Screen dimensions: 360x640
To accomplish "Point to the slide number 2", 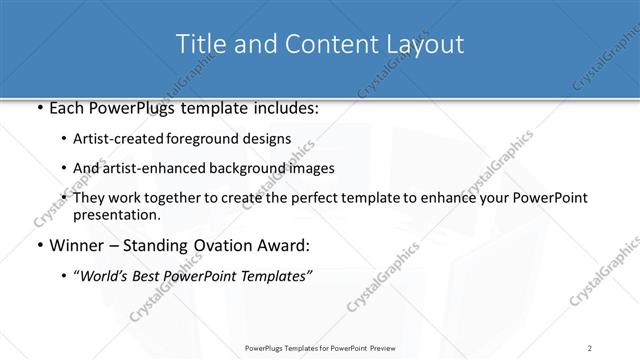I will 590,348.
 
